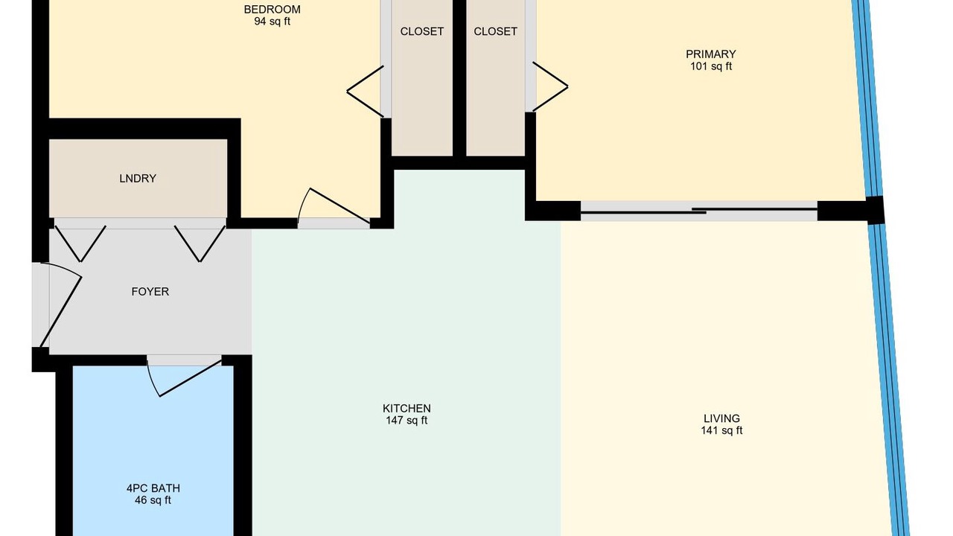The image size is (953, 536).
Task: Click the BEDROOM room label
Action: [272, 10]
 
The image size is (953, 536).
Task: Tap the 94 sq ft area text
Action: [272, 22]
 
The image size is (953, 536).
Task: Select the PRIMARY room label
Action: [710, 54]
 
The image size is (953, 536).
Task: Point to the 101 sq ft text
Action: [710, 66]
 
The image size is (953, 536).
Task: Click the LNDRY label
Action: [138, 178]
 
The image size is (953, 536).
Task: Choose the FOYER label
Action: [150, 291]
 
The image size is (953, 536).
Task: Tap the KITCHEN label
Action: [407, 409]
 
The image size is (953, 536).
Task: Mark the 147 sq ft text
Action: [407, 421]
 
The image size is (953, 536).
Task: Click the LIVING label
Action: [721, 418]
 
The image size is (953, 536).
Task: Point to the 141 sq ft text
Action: [721, 430]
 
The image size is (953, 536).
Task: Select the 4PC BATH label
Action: [153, 488]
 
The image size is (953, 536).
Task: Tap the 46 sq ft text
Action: [153, 500]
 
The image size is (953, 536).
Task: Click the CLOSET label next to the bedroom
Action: [422, 31]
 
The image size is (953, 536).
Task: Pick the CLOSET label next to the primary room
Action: [496, 31]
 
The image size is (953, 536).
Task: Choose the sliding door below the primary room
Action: [699, 211]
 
